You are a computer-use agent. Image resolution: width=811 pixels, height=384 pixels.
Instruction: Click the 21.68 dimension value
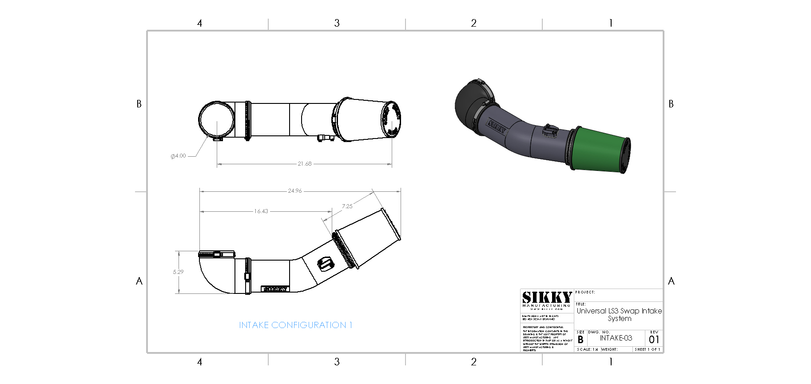[x=305, y=164]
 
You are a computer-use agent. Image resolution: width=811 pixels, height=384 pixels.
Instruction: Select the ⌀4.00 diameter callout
[x=179, y=156]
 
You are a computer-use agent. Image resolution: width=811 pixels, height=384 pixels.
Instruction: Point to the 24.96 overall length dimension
[x=294, y=191]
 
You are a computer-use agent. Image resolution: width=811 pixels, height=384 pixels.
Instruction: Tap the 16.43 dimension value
[x=261, y=211]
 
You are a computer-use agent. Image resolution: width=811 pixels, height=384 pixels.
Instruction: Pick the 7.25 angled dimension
[x=347, y=206]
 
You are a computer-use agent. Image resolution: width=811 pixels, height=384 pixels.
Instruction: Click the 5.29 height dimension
[x=178, y=272]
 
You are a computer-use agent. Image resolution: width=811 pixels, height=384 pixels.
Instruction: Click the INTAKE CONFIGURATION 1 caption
[x=295, y=325]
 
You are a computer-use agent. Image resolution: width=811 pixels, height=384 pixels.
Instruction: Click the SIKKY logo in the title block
[x=547, y=298]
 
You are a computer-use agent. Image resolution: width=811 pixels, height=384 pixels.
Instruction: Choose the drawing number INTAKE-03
[x=616, y=338]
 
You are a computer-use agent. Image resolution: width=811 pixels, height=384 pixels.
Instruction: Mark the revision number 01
[x=654, y=340]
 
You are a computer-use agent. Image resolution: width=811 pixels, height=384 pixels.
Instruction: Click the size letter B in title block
[x=580, y=340]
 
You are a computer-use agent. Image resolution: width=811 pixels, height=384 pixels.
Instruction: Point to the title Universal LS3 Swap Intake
[x=619, y=311]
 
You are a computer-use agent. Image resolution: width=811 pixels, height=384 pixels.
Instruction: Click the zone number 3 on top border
[x=337, y=23]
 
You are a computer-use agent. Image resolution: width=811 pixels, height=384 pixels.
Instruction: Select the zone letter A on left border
[x=139, y=281]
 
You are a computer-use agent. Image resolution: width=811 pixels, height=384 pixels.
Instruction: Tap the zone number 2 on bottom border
[x=473, y=362]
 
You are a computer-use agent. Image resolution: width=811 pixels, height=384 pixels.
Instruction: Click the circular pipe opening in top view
[x=216, y=119]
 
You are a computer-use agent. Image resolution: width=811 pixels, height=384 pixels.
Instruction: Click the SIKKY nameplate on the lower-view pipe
[x=275, y=289]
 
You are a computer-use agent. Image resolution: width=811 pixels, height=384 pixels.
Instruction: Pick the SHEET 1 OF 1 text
[x=647, y=349]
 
